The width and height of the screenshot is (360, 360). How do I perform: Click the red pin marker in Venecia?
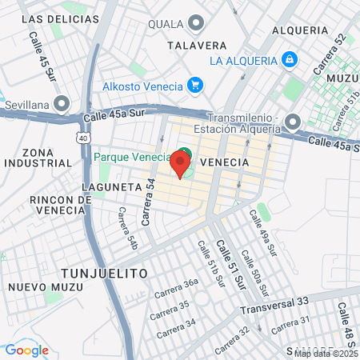180,166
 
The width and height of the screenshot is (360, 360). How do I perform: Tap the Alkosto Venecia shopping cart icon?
194,85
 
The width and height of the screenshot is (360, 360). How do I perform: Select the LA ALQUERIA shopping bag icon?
289,59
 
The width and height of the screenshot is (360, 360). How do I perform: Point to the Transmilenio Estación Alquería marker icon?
293,122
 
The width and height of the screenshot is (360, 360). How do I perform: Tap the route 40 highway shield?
83,138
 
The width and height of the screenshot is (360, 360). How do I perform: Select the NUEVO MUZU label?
40,286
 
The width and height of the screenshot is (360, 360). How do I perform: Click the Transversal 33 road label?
274,302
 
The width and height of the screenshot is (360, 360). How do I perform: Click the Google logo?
26,350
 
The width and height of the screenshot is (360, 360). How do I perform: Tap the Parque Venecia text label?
131,156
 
